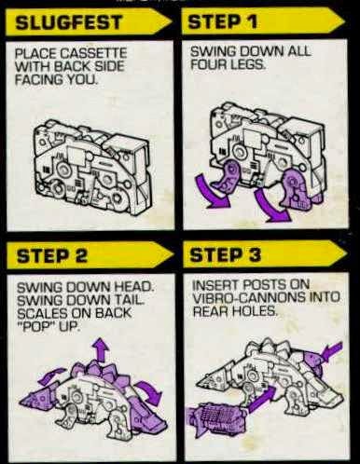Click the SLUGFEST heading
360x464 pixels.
tap(69, 22)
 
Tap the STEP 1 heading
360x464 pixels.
tap(223, 21)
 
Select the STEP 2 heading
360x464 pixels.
tap(51, 256)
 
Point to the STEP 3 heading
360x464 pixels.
tap(226, 255)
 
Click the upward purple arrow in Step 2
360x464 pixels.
tap(100, 350)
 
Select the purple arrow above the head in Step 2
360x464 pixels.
tap(55, 375)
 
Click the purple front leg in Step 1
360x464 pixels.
tap(229, 178)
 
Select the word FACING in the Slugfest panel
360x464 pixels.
tap(34, 79)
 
